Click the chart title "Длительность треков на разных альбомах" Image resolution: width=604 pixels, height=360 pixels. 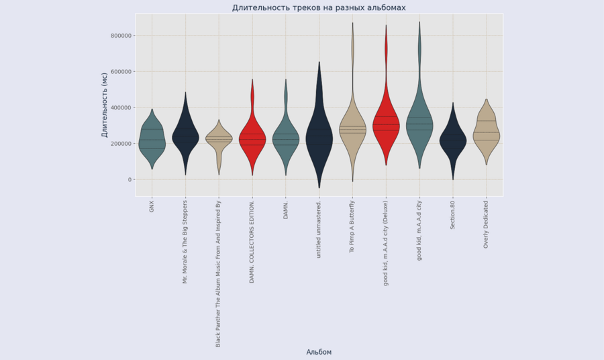pos(319,8)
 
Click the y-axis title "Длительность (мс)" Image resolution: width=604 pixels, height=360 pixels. pos(105,105)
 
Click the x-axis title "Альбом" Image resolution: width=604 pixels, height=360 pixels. pos(319,352)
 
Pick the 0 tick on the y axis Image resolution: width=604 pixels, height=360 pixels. pos(130,179)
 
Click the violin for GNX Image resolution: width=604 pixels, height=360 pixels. pos(152,141)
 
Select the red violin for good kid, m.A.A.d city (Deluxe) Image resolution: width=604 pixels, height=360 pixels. pos(386,128)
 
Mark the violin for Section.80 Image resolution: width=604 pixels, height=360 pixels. pos(453,141)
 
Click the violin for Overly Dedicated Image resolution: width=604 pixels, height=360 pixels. pos(487,134)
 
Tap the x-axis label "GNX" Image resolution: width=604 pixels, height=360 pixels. pos(152,206)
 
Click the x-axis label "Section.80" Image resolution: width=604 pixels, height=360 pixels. pos(453,215)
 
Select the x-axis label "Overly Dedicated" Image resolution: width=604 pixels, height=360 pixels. pos(487,224)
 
